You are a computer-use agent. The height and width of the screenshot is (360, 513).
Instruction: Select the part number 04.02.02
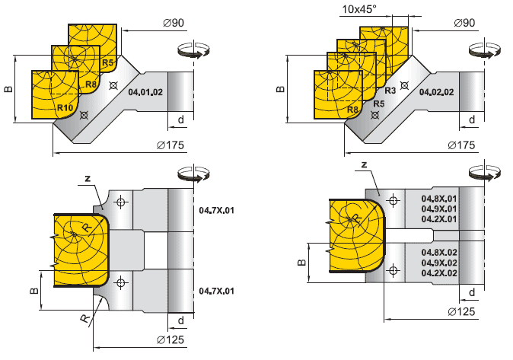click(437, 91)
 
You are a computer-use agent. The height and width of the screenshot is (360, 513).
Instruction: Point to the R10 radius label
click(65, 109)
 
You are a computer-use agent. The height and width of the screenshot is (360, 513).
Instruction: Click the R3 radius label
click(390, 91)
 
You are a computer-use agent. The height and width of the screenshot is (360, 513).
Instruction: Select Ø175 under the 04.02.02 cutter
click(462, 145)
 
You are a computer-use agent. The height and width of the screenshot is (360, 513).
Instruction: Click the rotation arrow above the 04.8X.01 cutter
click(480, 173)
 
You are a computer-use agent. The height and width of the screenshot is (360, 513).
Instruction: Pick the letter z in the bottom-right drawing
click(366, 164)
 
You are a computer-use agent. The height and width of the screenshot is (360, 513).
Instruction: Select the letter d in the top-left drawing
click(181, 119)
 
